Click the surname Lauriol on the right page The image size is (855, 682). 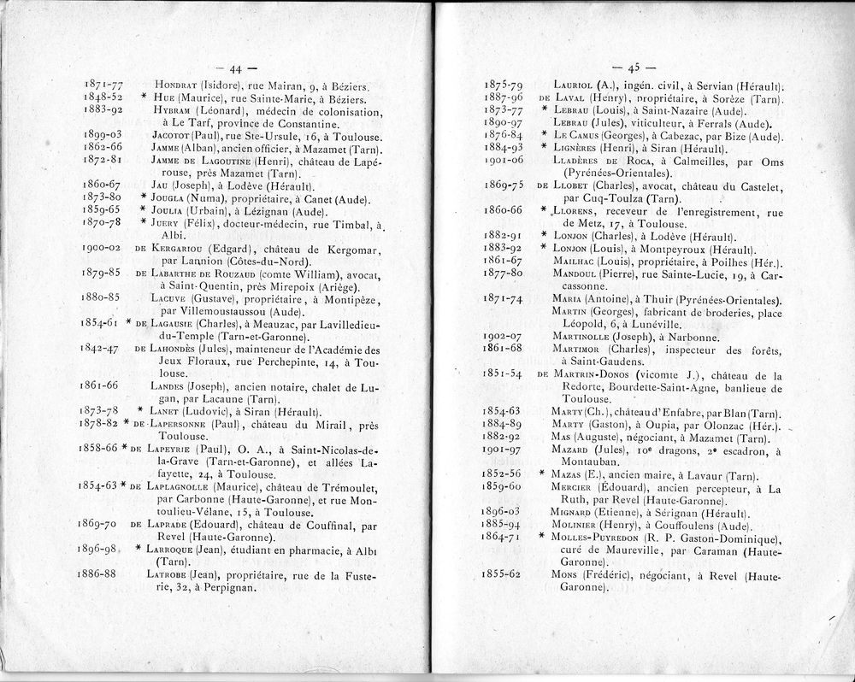tap(575, 85)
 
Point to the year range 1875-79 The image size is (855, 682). tap(504, 85)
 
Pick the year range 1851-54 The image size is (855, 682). tap(503, 374)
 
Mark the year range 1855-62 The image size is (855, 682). tap(503, 576)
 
